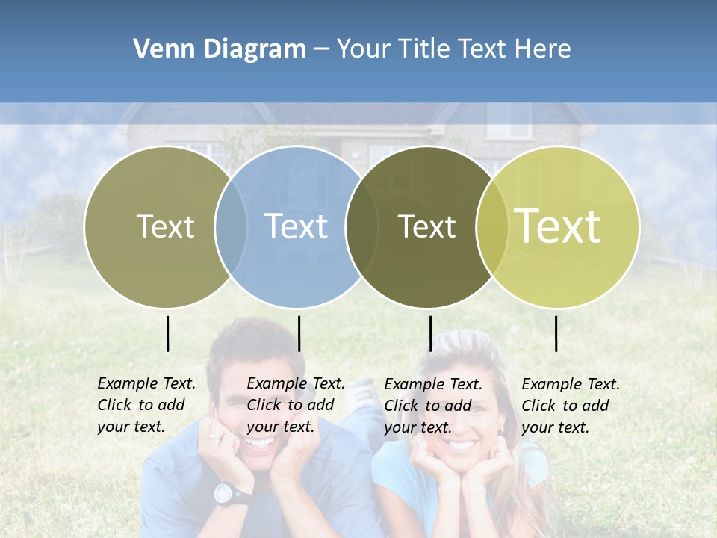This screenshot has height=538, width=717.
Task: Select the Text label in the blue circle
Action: (x=296, y=226)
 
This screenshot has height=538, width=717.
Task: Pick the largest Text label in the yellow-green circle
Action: (x=557, y=226)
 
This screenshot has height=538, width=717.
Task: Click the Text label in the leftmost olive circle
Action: (x=165, y=226)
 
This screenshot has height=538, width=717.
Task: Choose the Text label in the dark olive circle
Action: (x=426, y=226)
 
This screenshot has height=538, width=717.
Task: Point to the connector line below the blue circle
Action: (x=299, y=333)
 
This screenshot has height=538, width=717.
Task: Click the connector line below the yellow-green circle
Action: (x=556, y=333)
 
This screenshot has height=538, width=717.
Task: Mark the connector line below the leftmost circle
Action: (x=168, y=333)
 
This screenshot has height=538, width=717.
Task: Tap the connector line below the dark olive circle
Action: (x=430, y=333)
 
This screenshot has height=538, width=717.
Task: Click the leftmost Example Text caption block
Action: (x=146, y=405)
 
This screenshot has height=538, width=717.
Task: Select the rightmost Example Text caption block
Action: (x=570, y=406)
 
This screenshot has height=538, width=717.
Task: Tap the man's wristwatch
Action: (x=224, y=492)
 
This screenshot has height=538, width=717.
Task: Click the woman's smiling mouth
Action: (x=461, y=445)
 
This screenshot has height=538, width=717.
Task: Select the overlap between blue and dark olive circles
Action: (x=362, y=227)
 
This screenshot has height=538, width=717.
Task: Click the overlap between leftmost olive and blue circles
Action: (x=231, y=227)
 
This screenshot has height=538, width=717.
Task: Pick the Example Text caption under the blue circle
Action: (x=295, y=405)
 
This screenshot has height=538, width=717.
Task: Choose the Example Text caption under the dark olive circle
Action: (x=432, y=406)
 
